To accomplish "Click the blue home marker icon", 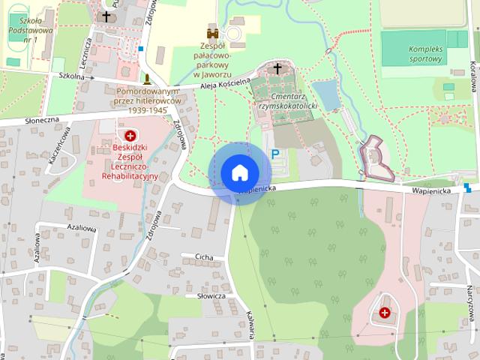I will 238,172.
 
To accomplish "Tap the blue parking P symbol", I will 275,154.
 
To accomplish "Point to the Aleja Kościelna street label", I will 225,85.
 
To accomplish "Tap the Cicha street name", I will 203,256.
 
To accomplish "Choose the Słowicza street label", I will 211,296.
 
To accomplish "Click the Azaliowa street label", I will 82,226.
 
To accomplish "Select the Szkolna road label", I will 70,76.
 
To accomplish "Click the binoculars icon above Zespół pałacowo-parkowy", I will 213,32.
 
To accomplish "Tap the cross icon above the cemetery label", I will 277,70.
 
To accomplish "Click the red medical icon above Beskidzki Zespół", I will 130,136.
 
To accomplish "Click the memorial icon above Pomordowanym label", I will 147,77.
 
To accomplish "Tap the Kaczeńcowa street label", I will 58,145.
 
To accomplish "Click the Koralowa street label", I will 472,75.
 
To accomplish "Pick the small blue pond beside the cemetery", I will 327,96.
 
